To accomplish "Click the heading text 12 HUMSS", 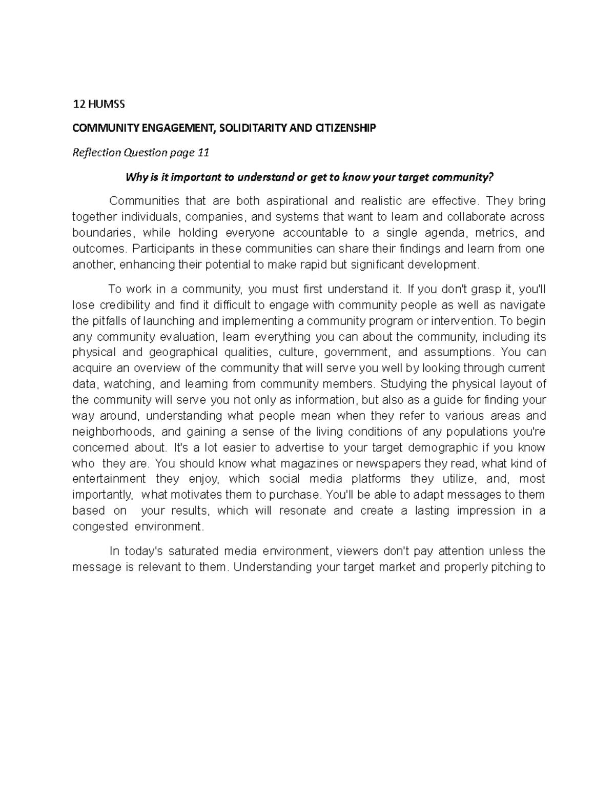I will click(98, 105).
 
